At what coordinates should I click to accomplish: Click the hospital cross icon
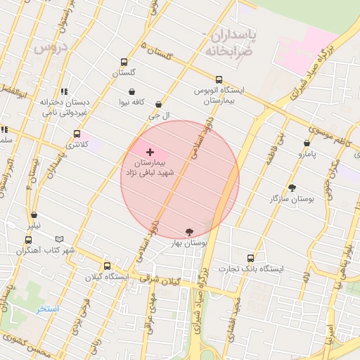tap(150, 152)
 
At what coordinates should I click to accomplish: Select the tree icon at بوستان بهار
tap(189, 231)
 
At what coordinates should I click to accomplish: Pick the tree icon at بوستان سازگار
tap(292, 188)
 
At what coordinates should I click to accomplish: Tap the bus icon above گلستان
tap(124, 62)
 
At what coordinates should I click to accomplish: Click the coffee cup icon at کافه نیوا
tap(131, 91)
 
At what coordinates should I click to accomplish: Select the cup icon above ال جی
tap(158, 104)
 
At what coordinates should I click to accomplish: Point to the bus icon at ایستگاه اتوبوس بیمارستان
tap(219, 79)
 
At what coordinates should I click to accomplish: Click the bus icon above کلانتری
tap(77, 134)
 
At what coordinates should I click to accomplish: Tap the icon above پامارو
tap(307, 143)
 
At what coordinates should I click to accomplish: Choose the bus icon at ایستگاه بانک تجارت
tap(250, 258)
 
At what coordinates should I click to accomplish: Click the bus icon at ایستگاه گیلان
tap(107, 266)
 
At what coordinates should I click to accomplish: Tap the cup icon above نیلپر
tap(34, 215)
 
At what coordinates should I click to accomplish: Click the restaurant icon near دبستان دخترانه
tap(64, 91)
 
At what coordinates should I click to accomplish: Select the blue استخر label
tap(48, 309)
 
